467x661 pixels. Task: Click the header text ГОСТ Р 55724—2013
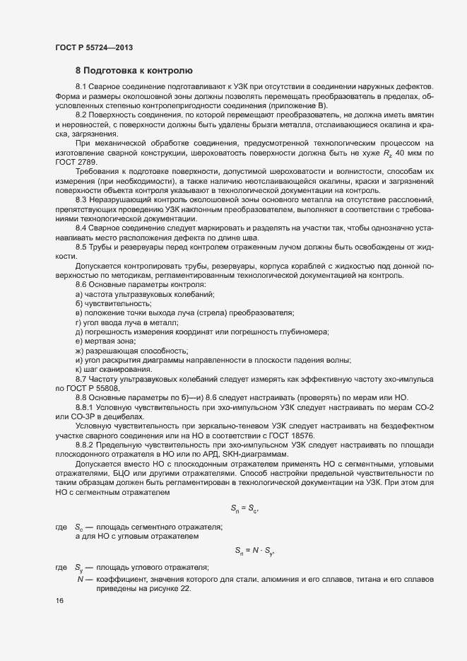93,48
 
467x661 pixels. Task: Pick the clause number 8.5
82,247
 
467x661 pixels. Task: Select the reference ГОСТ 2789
73,162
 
